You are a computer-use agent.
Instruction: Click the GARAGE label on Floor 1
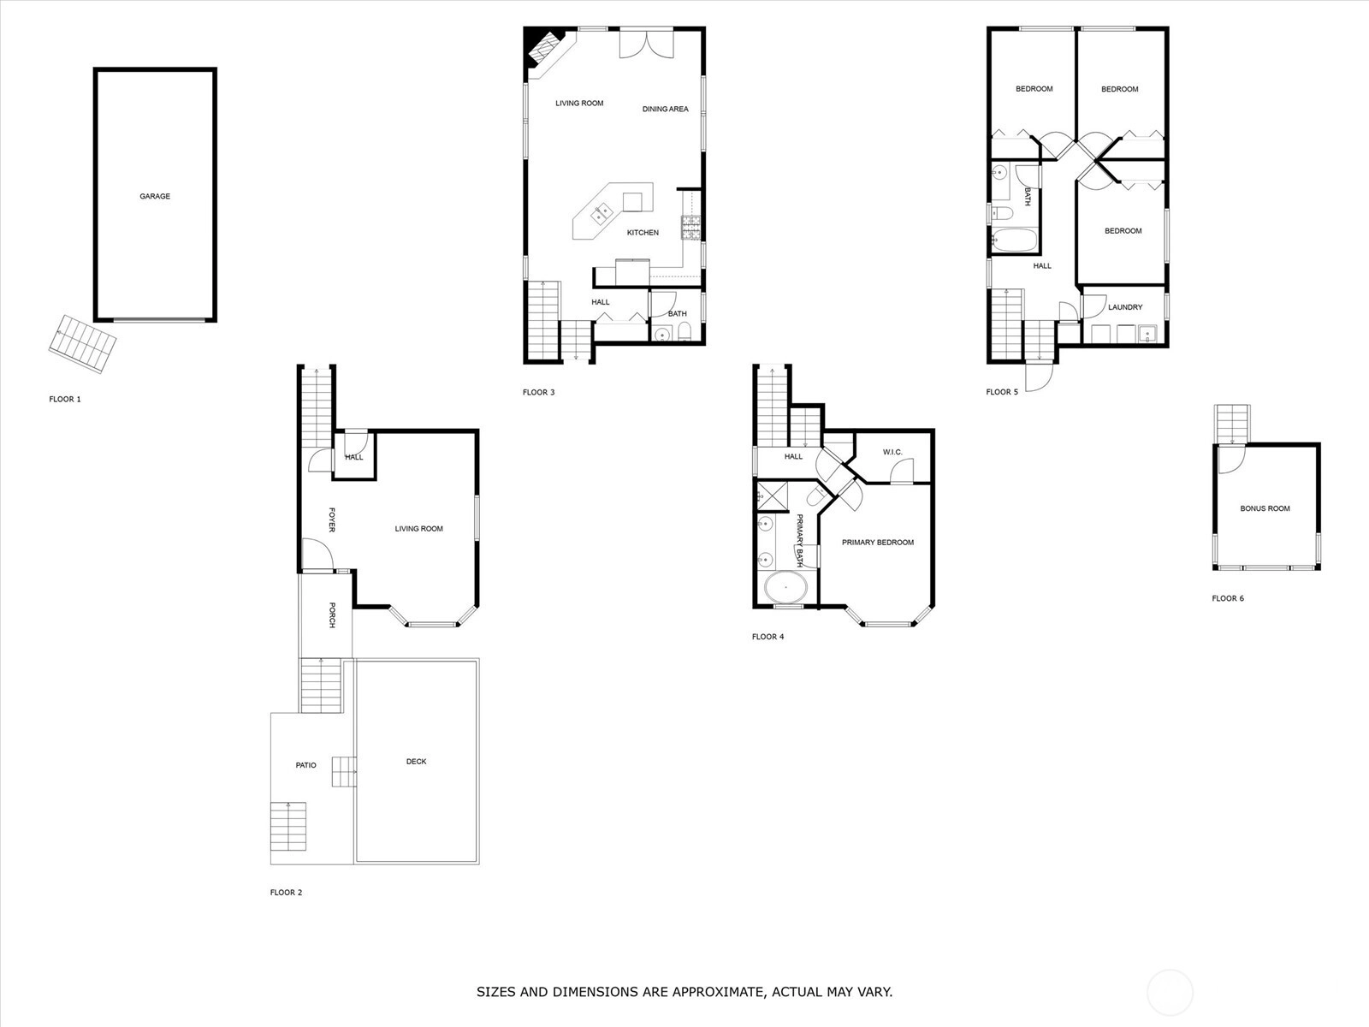coord(155,197)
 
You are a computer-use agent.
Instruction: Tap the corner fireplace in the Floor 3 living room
coord(543,47)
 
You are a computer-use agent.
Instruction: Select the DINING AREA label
coord(666,110)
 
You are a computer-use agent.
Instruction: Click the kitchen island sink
coord(602,213)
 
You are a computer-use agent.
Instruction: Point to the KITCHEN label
coord(643,233)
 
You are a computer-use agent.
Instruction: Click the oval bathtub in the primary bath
coord(785,587)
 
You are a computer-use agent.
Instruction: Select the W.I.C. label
coord(892,452)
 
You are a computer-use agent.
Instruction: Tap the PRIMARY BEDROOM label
coord(878,543)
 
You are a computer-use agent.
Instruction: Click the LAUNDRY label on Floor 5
coord(1125,307)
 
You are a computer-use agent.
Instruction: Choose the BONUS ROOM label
coord(1265,509)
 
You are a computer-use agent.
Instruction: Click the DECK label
coord(416,762)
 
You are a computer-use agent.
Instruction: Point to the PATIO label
coord(305,765)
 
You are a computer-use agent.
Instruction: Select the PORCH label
coord(332,614)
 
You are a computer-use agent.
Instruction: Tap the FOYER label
coord(332,519)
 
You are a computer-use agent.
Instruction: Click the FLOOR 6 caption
coord(1228,598)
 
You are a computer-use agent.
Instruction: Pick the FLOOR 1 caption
coord(65,399)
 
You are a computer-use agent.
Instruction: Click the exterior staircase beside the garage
coord(82,344)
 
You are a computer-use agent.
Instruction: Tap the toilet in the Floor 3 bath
coord(684,332)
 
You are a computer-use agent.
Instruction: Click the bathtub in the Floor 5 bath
coord(1014,240)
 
